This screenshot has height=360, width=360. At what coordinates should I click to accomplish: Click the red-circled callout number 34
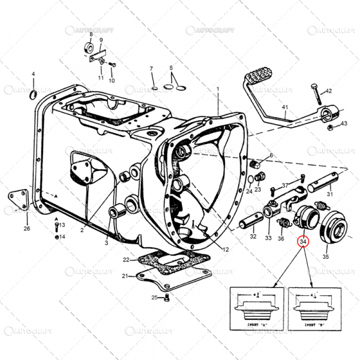(303, 242)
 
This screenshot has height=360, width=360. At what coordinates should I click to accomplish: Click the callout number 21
(125, 276)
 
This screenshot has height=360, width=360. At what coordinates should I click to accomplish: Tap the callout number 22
(126, 260)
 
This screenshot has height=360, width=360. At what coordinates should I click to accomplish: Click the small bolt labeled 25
(167, 297)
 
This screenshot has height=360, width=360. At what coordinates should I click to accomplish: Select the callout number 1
(218, 89)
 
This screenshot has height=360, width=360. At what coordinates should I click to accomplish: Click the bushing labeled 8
(89, 47)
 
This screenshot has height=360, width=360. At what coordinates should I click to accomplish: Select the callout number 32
(253, 238)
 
